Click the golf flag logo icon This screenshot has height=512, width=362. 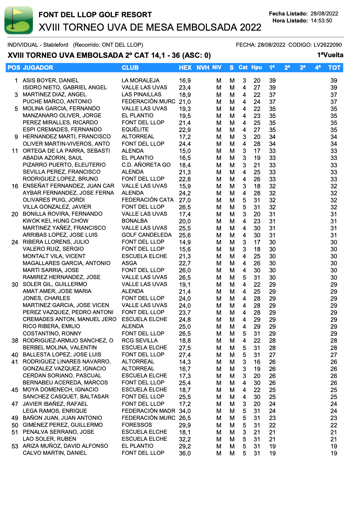pos(19,20)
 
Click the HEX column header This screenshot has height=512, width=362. pos(185,68)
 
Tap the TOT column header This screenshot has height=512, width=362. pos(334,68)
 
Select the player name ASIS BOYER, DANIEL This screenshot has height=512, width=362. pos(51,81)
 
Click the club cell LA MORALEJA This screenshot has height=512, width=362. pos(140,81)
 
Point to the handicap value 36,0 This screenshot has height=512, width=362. pos(185,453)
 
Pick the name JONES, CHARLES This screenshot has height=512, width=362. pos(46,298)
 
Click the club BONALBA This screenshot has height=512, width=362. pos(135,221)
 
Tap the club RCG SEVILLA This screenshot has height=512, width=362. pos(140,341)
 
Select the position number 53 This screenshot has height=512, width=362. pos(15,446)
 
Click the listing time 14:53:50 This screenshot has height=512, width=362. pos(321,21)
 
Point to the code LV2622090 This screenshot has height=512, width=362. pos(328,45)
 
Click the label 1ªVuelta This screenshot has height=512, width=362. pos(330,55)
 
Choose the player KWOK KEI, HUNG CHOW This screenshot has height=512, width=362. pos(55,221)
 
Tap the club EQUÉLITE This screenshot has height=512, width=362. pos(135,130)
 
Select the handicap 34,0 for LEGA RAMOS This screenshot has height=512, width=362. pos(185,411)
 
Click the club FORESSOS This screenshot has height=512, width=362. pos(137,425)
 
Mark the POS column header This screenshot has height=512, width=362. pos(14,68)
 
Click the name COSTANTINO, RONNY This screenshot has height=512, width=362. pos(52,334)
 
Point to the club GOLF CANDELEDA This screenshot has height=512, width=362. pos(147,235)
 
